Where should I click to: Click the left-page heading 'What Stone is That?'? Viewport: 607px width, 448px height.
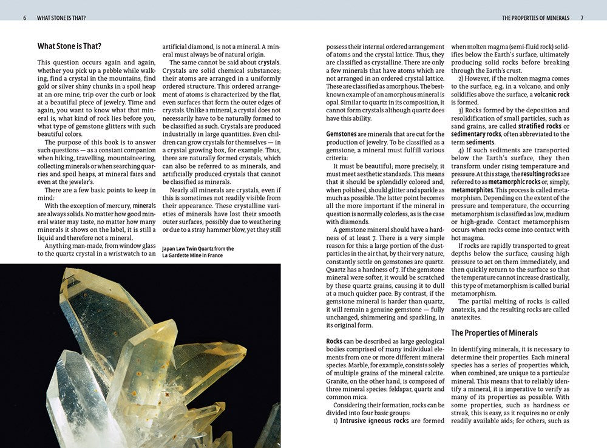[x=69, y=46]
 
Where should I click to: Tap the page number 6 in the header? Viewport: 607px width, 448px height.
[x=25, y=18]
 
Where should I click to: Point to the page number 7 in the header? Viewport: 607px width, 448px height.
[x=582, y=18]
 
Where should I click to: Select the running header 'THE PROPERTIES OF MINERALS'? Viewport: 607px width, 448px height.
[x=535, y=18]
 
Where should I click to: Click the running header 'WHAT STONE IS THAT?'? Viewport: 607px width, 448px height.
[x=61, y=18]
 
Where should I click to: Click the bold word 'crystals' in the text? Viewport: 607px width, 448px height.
[x=269, y=63]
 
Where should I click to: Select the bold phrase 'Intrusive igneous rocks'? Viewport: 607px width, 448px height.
[x=374, y=420]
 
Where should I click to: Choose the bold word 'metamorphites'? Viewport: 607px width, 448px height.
[x=471, y=190]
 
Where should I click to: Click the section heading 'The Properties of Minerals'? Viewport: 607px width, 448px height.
[x=494, y=333]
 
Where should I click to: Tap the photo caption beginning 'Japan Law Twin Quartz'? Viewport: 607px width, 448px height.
[x=198, y=252]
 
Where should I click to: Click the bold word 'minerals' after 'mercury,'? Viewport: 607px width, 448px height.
[x=144, y=206]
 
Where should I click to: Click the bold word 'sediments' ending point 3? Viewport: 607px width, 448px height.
[x=480, y=142]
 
